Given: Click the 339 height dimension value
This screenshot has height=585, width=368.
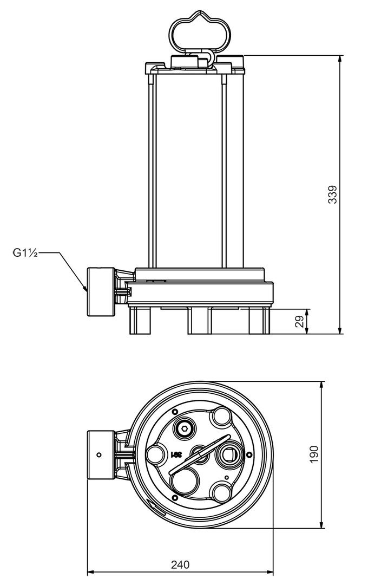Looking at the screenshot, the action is point(332,194).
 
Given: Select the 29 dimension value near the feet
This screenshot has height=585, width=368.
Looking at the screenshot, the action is point(299,321).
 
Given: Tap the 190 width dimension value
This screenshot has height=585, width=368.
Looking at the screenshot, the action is point(314,454).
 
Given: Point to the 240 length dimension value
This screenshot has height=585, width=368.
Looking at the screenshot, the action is point(180,564).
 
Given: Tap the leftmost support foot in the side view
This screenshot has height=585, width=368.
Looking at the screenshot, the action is point(140,320).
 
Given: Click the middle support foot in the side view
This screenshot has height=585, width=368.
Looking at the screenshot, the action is point(200,320).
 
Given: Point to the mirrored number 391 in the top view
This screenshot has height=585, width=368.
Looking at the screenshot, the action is point(175,455).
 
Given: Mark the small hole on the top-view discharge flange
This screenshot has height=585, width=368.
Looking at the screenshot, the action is point(98,455).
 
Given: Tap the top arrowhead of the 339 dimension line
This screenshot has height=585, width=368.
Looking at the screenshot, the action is point(340,59).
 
